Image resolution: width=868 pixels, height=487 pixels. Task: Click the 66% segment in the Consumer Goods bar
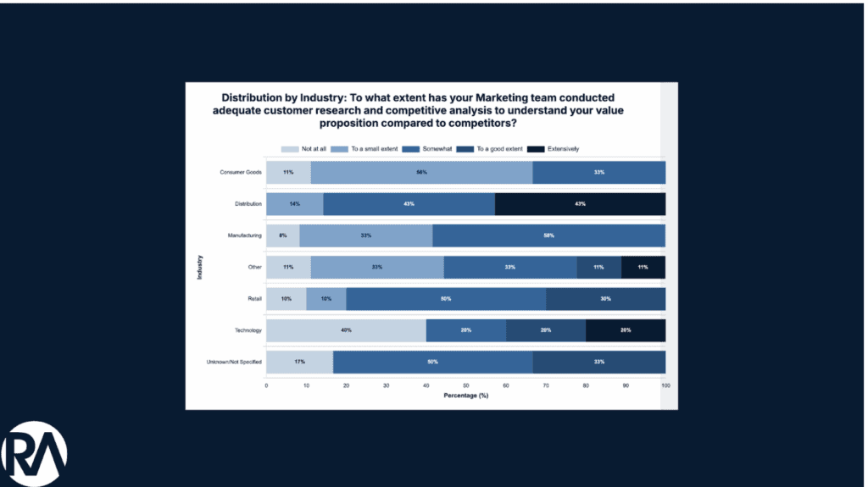421,172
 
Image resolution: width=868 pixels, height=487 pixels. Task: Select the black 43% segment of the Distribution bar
580,204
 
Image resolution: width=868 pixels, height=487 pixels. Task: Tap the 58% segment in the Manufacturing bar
548,235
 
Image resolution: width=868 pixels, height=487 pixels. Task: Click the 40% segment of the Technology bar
346,330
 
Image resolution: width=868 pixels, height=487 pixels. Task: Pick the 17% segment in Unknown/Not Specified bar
299,362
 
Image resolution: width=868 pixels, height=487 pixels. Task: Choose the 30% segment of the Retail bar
605,299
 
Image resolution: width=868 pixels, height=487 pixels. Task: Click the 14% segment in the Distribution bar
294,204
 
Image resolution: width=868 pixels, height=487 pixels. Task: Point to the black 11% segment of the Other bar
643,267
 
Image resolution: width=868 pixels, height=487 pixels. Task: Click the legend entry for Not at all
307,149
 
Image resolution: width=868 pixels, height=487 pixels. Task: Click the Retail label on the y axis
253,299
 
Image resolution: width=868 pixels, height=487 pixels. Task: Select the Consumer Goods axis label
241,172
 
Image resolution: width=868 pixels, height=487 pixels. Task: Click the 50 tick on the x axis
465,385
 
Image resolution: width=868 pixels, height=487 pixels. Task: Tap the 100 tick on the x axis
665,385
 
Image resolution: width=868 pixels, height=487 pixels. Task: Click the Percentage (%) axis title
465,396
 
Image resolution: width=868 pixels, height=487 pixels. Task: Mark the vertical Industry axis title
200,267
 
